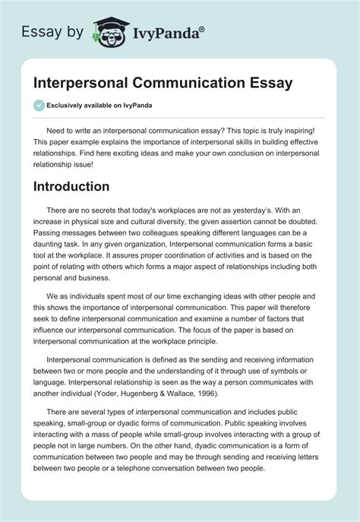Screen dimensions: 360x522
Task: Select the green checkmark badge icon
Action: pyautogui.click(x=39, y=106)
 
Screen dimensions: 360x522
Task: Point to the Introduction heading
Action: pyautogui.click(x=72, y=186)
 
